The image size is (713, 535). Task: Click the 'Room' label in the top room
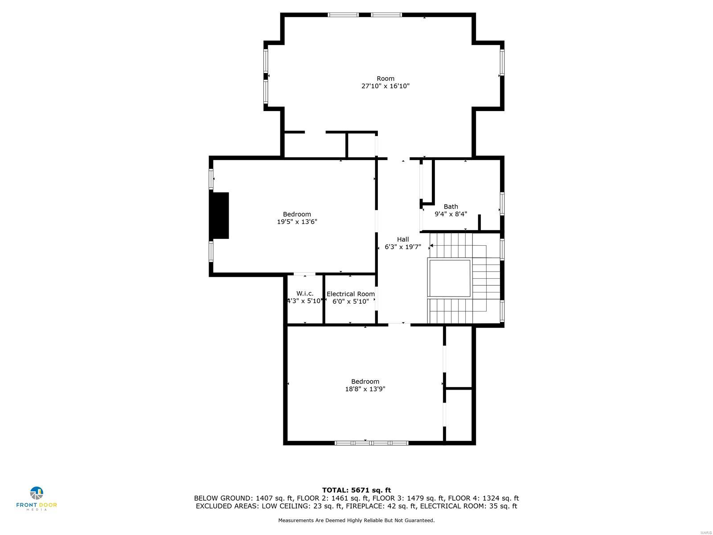[x=385, y=78]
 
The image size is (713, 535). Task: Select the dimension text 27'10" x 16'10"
[x=385, y=86]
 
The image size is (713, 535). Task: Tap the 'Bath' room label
[x=451, y=206]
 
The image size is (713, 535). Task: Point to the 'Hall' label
[x=403, y=239]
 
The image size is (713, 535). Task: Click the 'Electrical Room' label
[x=351, y=294]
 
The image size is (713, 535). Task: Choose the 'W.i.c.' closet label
[x=305, y=293]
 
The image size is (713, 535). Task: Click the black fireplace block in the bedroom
[x=220, y=215]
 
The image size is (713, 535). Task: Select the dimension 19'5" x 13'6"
[x=297, y=222]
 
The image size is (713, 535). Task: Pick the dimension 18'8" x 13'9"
[x=365, y=389]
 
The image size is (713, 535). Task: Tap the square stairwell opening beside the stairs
[x=449, y=277]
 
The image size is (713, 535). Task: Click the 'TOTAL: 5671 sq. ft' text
[x=356, y=490]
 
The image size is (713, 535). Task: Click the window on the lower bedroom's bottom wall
[x=371, y=443]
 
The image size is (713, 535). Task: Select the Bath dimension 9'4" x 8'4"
[x=451, y=214]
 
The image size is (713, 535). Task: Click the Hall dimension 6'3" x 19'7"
[x=403, y=247]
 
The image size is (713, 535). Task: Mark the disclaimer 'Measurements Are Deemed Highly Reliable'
[x=356, y=520]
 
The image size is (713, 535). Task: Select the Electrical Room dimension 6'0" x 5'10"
[x=351, y=301]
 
